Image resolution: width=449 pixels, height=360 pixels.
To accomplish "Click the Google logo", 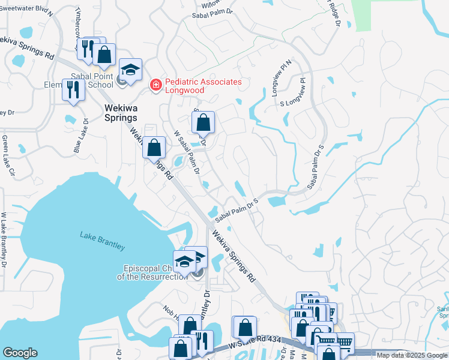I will click(x=20, y=353).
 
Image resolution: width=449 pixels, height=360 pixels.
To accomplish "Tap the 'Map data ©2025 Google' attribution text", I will click(x=411, y=355).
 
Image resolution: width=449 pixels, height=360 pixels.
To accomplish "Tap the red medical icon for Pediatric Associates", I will click(x=156, y=86).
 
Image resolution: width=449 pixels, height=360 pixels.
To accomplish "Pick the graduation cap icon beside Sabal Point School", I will click(x=130, y=70).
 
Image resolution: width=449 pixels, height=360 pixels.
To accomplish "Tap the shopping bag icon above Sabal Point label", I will click(x=104, y=55).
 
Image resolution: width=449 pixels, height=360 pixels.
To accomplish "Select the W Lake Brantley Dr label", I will click(x=4, y=240).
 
